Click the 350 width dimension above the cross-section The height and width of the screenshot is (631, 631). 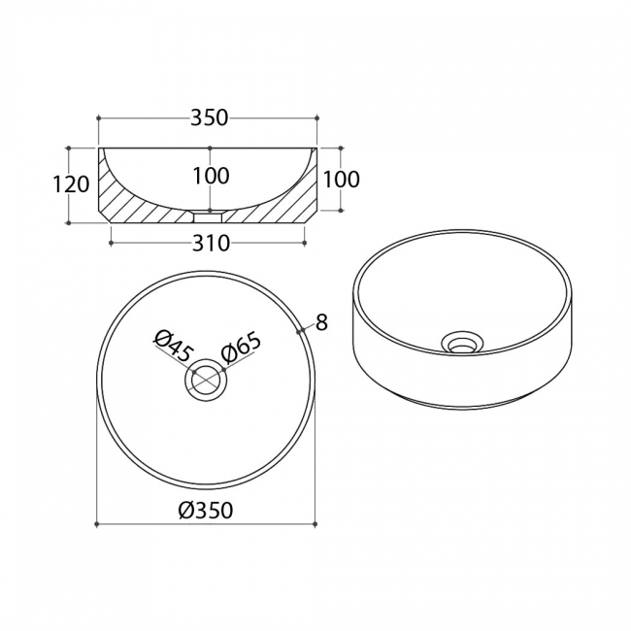point(209,118)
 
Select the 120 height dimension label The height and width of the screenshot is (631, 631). point(71,184)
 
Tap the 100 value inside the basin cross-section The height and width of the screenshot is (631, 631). point(211,176)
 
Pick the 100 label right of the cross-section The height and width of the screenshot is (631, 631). point(341,180)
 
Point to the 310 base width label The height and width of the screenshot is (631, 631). point(211,243)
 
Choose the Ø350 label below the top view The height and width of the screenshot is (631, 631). point(206,511)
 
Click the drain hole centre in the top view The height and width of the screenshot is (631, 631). point(206,380)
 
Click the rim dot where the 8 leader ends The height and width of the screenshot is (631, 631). point(300,331)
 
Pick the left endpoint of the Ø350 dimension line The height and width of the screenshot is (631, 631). point(96,524)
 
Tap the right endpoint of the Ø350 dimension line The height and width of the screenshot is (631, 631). point(315,524)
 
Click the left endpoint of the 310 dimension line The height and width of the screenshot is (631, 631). point(111,243)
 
